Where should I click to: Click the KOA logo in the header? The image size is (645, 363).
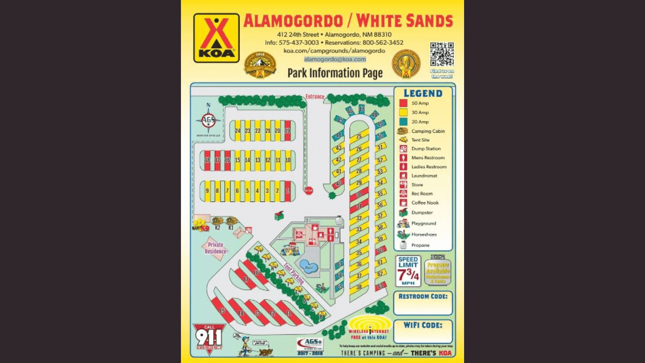point(216,38)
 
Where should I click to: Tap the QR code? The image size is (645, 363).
point(442,54)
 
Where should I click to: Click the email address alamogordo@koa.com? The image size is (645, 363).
point(335,59)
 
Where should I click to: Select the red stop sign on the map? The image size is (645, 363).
point(309,191)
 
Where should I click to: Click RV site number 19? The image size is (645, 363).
point(287,131)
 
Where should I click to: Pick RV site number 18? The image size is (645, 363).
point(207,160)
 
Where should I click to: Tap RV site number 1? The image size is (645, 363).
point(288,191)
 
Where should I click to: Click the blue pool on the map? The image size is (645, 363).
point(309,267)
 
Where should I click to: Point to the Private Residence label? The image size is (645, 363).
point(216,248)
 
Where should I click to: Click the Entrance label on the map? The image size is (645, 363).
point(315,97)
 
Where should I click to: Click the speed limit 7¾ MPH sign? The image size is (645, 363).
point(408,271)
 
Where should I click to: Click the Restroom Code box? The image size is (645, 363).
point(423,303)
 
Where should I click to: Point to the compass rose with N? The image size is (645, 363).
point(208,119)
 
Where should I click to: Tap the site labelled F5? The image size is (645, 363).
point(222,311)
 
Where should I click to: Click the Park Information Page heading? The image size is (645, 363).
point(335,73)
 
